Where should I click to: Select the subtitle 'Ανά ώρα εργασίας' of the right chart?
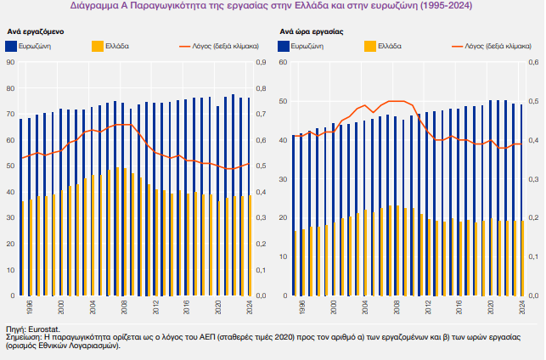311,31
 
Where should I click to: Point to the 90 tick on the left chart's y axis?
9,63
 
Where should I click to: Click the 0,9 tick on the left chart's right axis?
260,63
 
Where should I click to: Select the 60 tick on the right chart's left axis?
282,63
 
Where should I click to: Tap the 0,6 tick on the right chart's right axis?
533,63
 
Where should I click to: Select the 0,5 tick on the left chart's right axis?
260,166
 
